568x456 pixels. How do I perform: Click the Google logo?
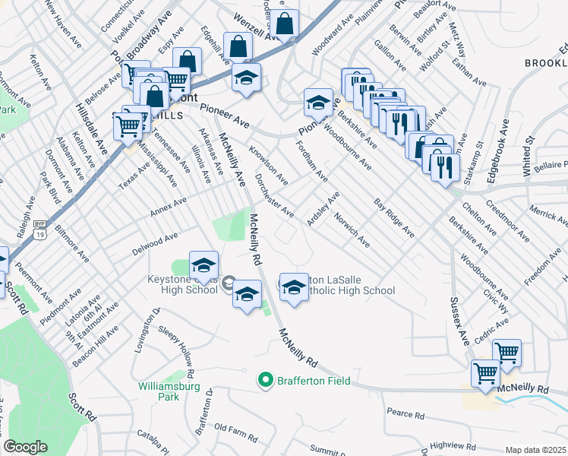(x=25, y=447)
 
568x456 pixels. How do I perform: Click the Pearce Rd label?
(x=405, y=414)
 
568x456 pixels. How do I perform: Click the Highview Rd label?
(x=451, y=445)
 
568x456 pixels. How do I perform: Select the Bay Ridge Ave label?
(x=394, y=217)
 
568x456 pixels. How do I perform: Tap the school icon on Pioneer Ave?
(x=318, y=101)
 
